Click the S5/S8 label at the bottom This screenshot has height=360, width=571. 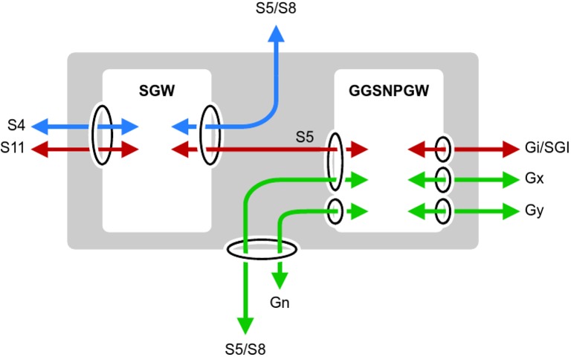coord(245,348)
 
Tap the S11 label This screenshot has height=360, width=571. coord(14,149)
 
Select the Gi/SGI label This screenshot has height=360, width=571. coord(545,149)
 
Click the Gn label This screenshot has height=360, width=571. coord(280,303)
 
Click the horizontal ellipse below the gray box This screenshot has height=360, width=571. coord(262,250)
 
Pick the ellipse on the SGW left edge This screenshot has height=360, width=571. coord(102,135)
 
